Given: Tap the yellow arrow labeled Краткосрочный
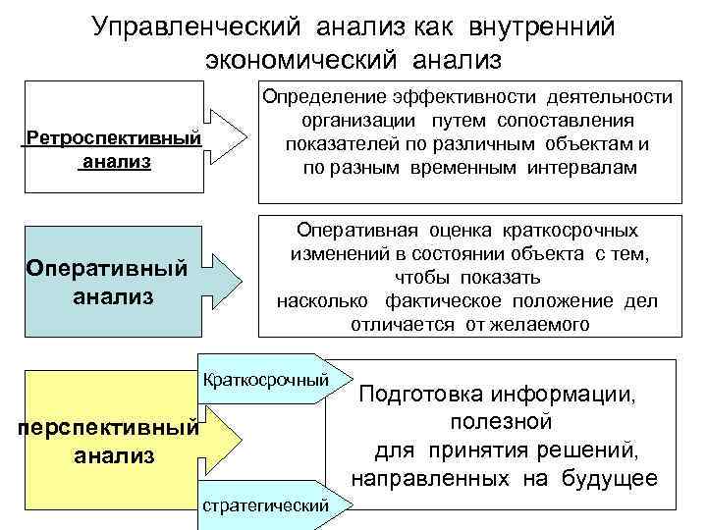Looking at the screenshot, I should [x=267, y=378].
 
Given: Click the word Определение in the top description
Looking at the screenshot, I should [x=320, y=96].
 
